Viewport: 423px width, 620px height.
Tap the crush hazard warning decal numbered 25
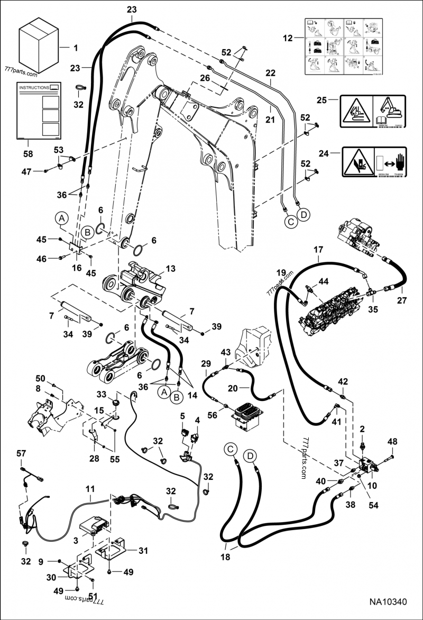[x=372, y=111]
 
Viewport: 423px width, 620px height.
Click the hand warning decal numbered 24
[x=374, y=164]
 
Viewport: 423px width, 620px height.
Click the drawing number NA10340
[x=388, y=602]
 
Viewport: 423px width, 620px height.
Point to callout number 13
[x=170, y=268]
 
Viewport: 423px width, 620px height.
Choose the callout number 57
[x=21, y=453]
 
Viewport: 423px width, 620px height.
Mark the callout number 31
[x=143, y=550]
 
